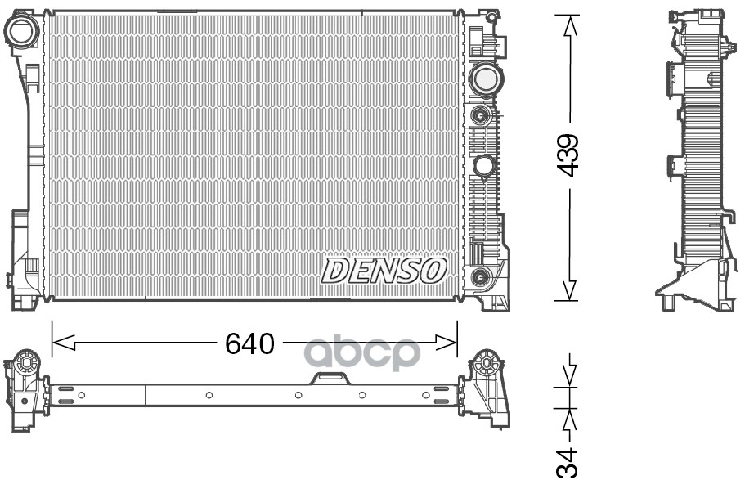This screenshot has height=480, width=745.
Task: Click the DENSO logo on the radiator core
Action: click(384, 271)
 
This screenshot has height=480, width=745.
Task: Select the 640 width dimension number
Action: click(249, 343)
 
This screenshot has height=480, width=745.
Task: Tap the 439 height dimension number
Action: click(568, 155)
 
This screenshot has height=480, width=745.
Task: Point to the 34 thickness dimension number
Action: click(568, 462)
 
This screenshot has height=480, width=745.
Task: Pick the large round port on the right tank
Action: click(485, 80)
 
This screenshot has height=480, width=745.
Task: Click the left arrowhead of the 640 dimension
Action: click(63, 342)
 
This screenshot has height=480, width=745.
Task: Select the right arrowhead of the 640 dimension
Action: click(446, 342)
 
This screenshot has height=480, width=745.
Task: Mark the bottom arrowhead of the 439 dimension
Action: click(569, 290)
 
